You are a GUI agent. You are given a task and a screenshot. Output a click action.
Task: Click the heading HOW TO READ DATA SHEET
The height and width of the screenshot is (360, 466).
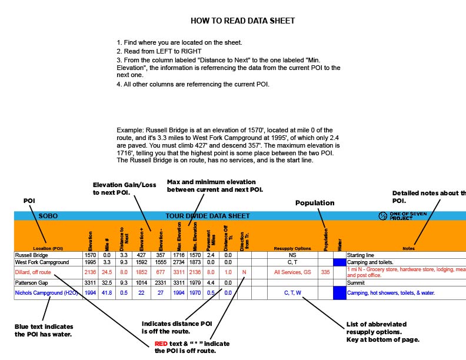tap(242, 21)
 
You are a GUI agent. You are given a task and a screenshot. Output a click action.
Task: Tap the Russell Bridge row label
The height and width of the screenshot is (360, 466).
tap(32, 255)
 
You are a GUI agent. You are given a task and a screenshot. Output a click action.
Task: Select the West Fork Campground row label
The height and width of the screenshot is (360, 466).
tap(42, 262)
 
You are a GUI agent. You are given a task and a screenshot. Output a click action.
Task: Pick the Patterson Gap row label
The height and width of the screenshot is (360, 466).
tap(33, 282)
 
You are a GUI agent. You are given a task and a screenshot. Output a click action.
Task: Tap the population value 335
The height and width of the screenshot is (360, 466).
tap(325, 272)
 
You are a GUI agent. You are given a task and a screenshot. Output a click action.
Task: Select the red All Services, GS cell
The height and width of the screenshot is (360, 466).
tap(292, 272)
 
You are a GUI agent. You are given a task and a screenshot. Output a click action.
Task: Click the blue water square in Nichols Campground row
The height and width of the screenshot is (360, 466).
tap(339, 292)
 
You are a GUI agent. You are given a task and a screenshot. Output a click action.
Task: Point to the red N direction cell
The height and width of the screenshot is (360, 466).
tap(244, 272)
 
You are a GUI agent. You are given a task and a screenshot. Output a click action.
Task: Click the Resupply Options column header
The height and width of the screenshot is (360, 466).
tap(292, 248)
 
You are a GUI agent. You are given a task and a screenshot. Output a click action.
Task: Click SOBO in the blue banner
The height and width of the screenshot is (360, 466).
tap(48, 216)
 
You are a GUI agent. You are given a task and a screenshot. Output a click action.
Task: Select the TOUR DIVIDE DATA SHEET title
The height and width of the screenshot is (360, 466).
tap(207, 216)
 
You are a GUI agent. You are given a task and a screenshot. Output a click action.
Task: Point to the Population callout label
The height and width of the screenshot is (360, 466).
tap(314, 203)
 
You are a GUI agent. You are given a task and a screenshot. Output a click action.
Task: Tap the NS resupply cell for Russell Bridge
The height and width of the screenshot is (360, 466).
tap(292, 255)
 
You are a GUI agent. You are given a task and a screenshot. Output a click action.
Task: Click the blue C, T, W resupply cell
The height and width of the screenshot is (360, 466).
tap(292, 292)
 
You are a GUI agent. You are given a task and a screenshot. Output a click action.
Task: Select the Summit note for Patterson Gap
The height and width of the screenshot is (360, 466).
tap(357, 282)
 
